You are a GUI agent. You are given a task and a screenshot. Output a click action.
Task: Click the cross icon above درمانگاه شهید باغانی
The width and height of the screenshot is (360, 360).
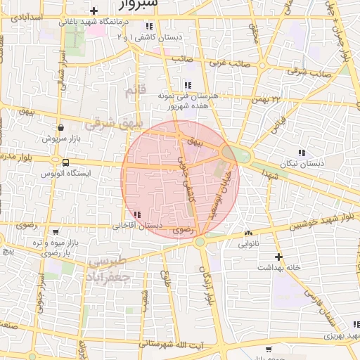(x=94, y=11)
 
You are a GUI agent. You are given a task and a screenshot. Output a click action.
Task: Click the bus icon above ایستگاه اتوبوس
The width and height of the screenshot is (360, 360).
(x=65, y=162)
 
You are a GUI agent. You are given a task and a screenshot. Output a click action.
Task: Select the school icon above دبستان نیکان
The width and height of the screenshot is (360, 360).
(x=302, y=153)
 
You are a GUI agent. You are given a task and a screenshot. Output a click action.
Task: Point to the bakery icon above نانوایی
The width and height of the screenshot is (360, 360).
(x=248, y=233)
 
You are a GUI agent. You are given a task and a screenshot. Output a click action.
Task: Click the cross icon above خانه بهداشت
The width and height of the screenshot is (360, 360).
(x=278, y=257)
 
